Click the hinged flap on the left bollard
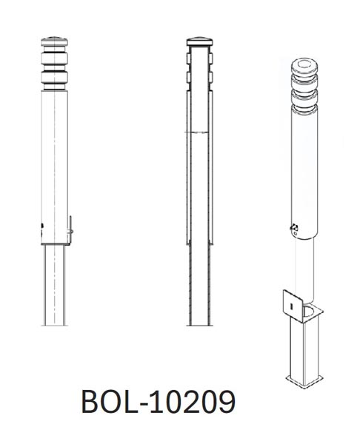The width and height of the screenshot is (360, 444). click(70, 228)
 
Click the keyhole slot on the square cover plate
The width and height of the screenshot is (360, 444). click(293, 303)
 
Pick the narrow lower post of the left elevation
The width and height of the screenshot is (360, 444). click(55, 285)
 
